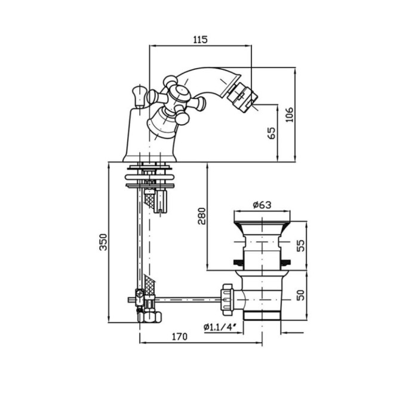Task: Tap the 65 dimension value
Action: tap(272, 133)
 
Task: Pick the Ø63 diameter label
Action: tap(262, 205)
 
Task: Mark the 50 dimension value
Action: tap(301, 295)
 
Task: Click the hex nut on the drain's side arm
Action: tap(227, 297)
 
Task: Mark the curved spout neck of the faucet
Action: tap(206, 81)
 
